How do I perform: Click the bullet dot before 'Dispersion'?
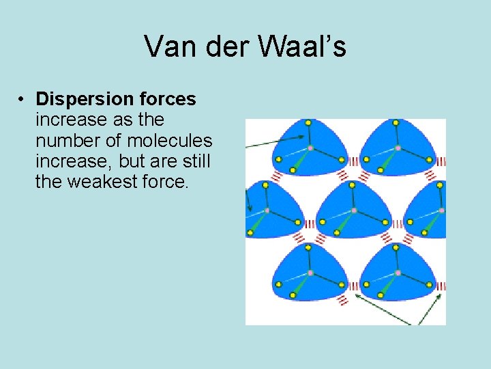coord(23,100)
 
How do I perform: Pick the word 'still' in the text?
coord(194,162)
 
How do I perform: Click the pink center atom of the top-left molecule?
coord(310,148)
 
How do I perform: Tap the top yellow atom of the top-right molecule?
coord(396,123)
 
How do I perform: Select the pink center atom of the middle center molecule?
coord(353,210)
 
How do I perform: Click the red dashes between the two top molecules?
coord(353,162)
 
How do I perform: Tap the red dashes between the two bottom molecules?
coord(353,286)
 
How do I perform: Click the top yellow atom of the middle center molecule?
coord(352,184)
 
